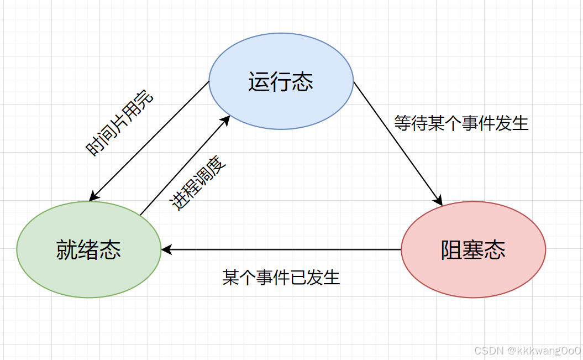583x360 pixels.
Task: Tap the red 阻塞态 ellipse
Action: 473,271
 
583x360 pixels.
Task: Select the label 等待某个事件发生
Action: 461,123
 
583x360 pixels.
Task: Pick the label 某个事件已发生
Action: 281,277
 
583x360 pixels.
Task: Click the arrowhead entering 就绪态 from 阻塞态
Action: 166,250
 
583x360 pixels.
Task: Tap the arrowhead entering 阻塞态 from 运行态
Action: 440,201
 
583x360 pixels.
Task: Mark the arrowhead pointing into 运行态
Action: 227,119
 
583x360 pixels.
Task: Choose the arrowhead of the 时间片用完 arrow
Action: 93,196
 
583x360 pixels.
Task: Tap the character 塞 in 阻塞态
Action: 473,250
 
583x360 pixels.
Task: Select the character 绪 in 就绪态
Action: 88,250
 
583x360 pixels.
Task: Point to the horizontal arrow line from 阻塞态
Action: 282,250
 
